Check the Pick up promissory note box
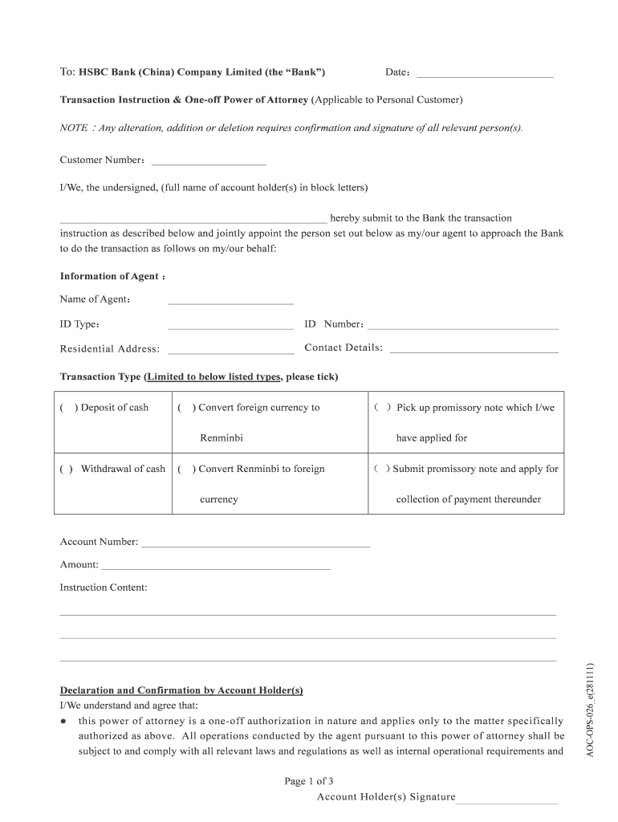pos(383,408)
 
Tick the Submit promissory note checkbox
pos(381,469)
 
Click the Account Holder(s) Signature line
pos(507,801)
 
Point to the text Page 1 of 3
pos(309,781)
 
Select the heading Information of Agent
pos(109,276)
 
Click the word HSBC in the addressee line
pos(93,72)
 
